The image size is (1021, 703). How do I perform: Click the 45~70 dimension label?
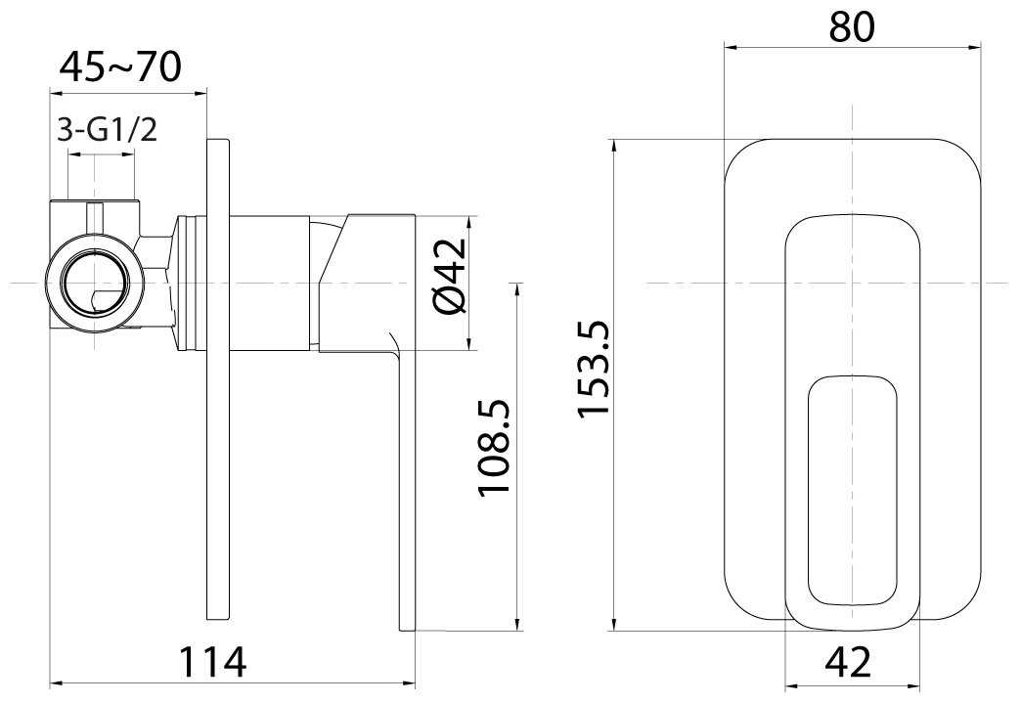[x=120, y=67]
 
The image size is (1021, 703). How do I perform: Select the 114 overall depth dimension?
[x=213, y=661]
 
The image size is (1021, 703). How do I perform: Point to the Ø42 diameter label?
[x=452, y=276]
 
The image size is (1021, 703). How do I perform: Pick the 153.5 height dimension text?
[x=593, y=368]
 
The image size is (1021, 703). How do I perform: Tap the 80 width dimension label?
[x=852, y=26]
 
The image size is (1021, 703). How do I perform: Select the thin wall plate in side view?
[x=217, y=378]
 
